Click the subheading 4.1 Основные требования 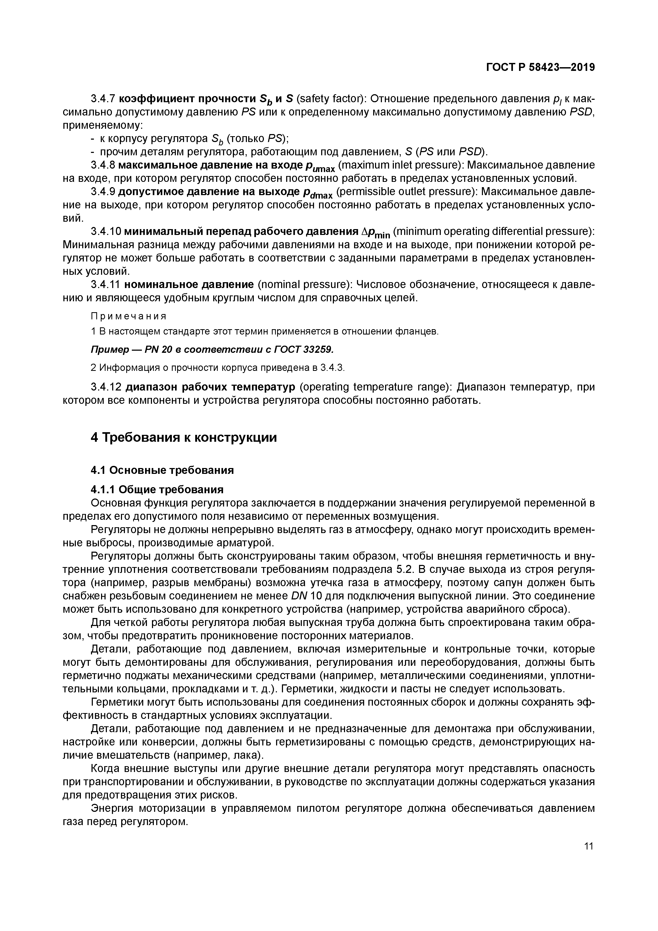pyautogui.click(x=162, y=470)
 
